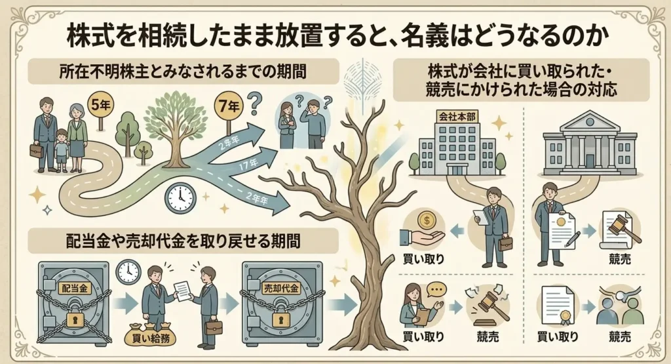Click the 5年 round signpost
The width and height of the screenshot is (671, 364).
(100, 106)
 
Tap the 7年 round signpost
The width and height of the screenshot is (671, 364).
(229, 106)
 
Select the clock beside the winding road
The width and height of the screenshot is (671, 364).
(181, 198)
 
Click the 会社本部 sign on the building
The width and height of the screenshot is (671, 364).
(456, 117)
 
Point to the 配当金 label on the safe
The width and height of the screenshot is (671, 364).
(75, 288)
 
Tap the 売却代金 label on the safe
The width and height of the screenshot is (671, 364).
(280, 288)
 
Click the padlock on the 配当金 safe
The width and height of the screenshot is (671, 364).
(77, 317)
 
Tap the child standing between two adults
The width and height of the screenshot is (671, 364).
(62, 150)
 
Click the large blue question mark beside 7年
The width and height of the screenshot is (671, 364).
(256, 103)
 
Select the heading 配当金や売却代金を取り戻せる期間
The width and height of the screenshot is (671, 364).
(183, 241)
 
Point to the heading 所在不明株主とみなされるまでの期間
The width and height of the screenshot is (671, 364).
(183, 71)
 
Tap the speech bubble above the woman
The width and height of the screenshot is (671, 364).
(436, 289)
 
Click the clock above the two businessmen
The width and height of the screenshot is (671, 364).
(128, 272)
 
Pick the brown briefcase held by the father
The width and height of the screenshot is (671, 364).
(37, 150)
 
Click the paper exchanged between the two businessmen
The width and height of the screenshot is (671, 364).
(182, 291)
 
